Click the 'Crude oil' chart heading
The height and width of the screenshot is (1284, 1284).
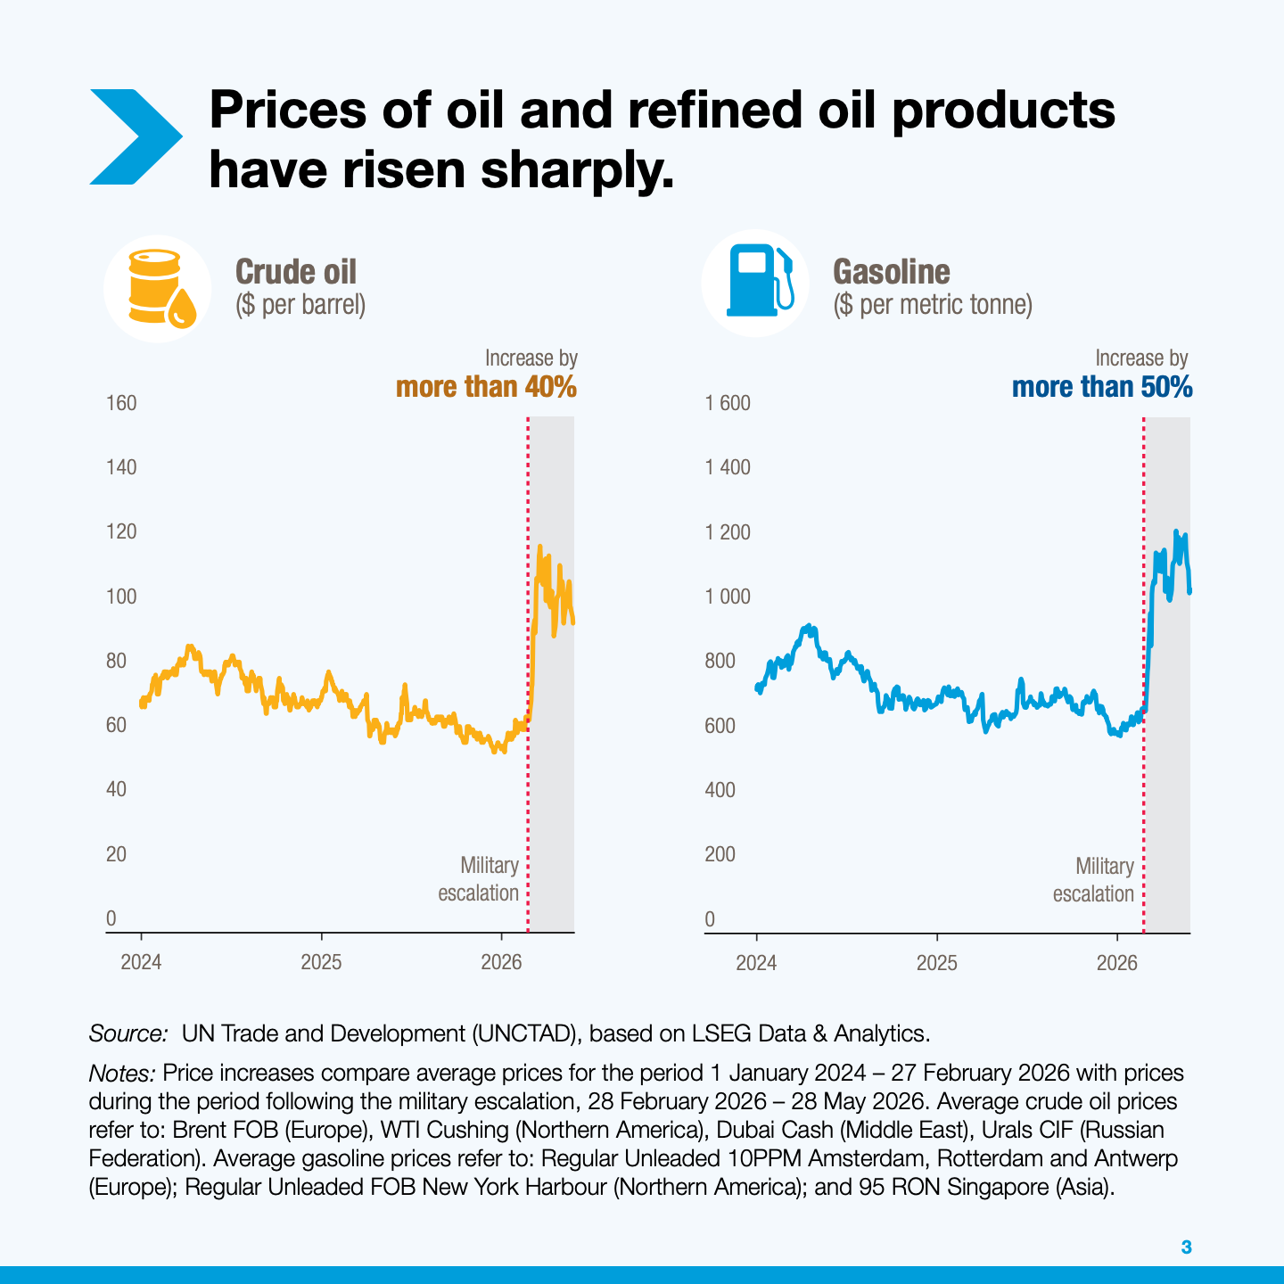[296, 272]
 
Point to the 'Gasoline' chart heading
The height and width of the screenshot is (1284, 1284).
[892, 272]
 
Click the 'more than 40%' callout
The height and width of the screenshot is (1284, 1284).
[487, 387]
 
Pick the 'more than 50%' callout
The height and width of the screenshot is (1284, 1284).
[1102, 387]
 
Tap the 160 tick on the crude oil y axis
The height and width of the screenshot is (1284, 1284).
[121, 403]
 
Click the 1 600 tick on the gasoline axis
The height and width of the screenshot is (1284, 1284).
[728, 403]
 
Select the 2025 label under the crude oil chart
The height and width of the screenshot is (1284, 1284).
[321, 962]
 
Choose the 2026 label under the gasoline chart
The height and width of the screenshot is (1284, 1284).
[1117, 963]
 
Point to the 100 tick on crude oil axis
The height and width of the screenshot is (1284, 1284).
[121, 597]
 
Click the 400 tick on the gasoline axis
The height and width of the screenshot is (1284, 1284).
[720, 790]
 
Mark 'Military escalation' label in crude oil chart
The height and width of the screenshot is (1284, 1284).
[479, 879]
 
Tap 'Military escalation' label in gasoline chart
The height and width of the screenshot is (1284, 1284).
[1093, 879]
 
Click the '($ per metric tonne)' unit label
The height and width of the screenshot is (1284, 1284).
[933, 305]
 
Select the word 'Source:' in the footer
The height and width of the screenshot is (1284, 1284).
[128, 1033]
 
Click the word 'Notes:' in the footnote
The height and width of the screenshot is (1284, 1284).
[122, 1073]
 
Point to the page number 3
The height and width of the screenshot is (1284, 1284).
[1186, 1247]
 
